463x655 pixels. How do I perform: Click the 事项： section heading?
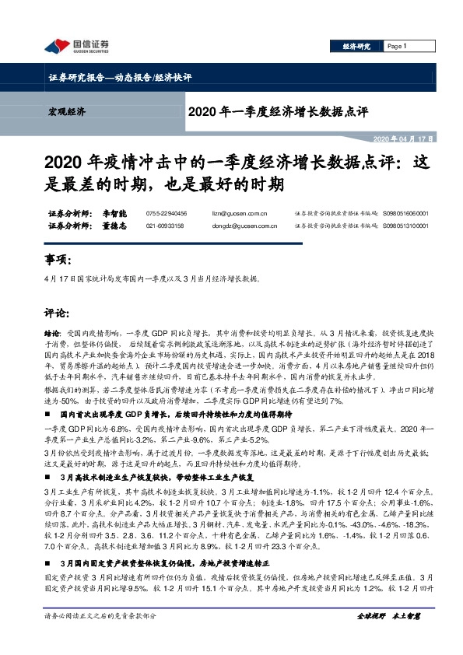click(59, 259)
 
